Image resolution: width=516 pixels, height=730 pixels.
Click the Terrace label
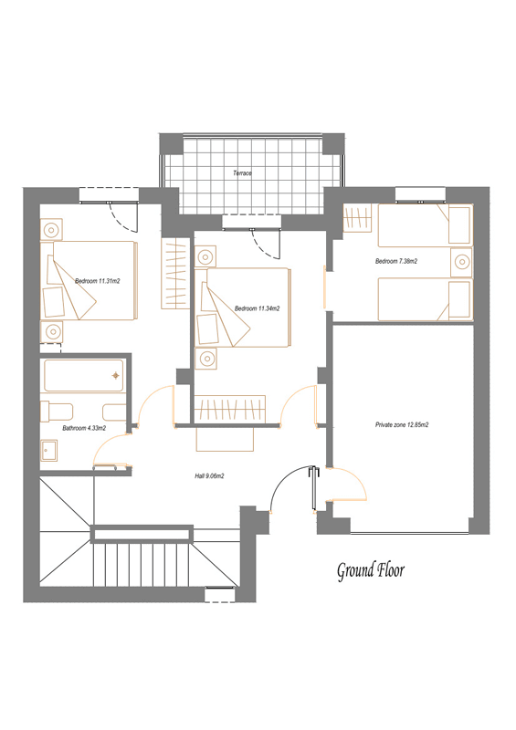[242, 173]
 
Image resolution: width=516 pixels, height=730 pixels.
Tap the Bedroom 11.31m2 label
[98, 281]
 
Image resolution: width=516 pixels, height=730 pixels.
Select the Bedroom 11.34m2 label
[258, 308]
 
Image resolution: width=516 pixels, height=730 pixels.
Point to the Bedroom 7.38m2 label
[396, 261]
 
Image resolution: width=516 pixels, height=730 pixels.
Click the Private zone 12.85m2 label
[402, 424]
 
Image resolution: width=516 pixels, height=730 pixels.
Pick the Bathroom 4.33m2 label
[84, 428]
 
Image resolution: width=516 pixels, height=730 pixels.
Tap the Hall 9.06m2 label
[209, 476]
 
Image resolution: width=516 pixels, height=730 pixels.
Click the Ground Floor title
[371, 571]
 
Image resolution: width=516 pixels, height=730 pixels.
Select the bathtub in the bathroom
[84, 375]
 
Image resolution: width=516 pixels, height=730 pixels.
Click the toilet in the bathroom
[57, 412]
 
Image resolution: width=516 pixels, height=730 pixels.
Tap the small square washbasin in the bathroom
[48, 451]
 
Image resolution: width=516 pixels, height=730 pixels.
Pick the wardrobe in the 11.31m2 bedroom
[175, 273]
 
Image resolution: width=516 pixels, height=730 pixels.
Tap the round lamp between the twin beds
[461, 262]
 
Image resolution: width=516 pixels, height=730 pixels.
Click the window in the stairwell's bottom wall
[219, 595]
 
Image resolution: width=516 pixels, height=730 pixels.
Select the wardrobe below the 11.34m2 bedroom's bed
[230, 409]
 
